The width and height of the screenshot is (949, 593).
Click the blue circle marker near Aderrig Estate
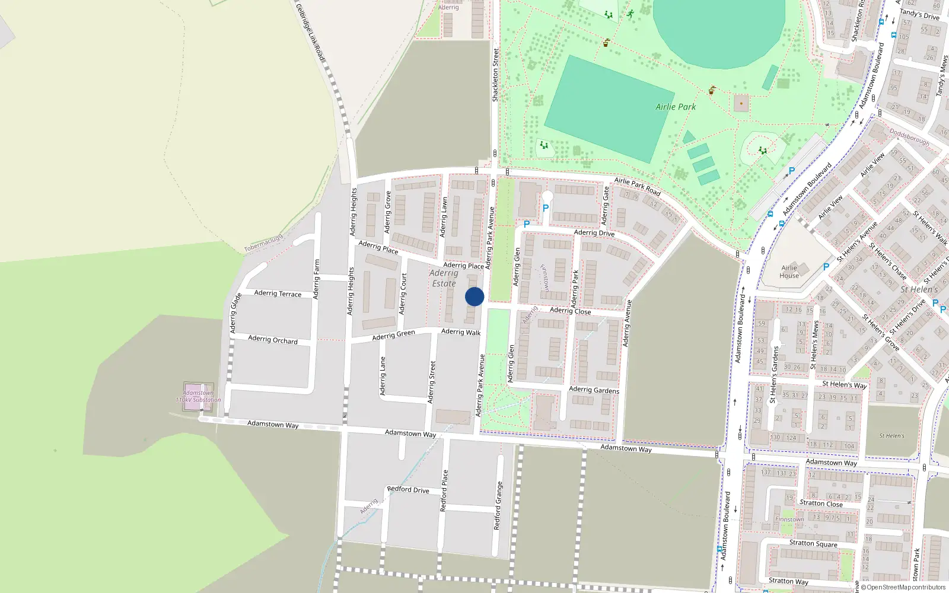click(474, 296)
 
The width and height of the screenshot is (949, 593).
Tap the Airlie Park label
click(676, 107)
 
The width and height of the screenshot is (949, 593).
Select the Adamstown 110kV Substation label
click(198, 396)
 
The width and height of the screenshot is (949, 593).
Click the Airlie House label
click(789, 272)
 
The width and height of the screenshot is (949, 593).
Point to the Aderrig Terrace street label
click(278, 294)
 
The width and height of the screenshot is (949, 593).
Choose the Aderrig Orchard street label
click(273, 340)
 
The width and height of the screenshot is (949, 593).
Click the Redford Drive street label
click(408, 490)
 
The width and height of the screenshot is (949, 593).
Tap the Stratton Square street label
click(813, 543)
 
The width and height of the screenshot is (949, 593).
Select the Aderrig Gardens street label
click(594, 390)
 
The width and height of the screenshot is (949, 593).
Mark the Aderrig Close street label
click(570, 310)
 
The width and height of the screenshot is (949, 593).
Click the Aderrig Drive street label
click(594, 232)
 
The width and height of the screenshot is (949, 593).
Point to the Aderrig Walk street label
click(461, 332)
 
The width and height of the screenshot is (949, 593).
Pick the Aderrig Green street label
click(393, 335)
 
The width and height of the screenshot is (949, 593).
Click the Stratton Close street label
click(821, 503)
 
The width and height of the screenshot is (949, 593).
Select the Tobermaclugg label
click(263, 243)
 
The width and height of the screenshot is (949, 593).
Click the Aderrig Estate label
click(444, 278)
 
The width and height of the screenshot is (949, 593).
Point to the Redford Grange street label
click(498, 505)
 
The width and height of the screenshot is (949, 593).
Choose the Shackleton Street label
click(495, 75)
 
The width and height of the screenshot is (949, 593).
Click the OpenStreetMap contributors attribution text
click(903, 587)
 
